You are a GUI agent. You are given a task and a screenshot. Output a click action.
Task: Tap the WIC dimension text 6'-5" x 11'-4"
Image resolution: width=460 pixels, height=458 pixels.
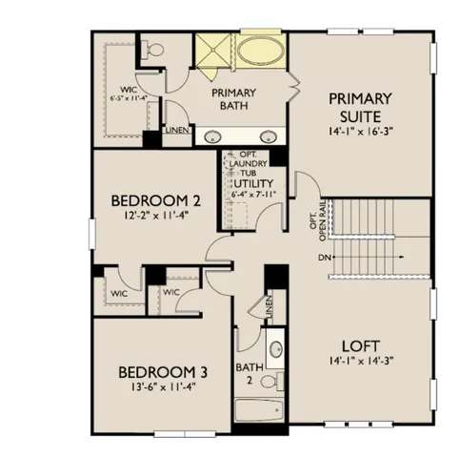coord(127,97)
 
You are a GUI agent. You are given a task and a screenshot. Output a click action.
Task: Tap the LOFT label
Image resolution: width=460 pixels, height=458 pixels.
coord(359,346)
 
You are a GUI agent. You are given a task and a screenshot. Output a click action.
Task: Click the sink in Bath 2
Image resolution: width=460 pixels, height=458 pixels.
coord(275,349)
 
